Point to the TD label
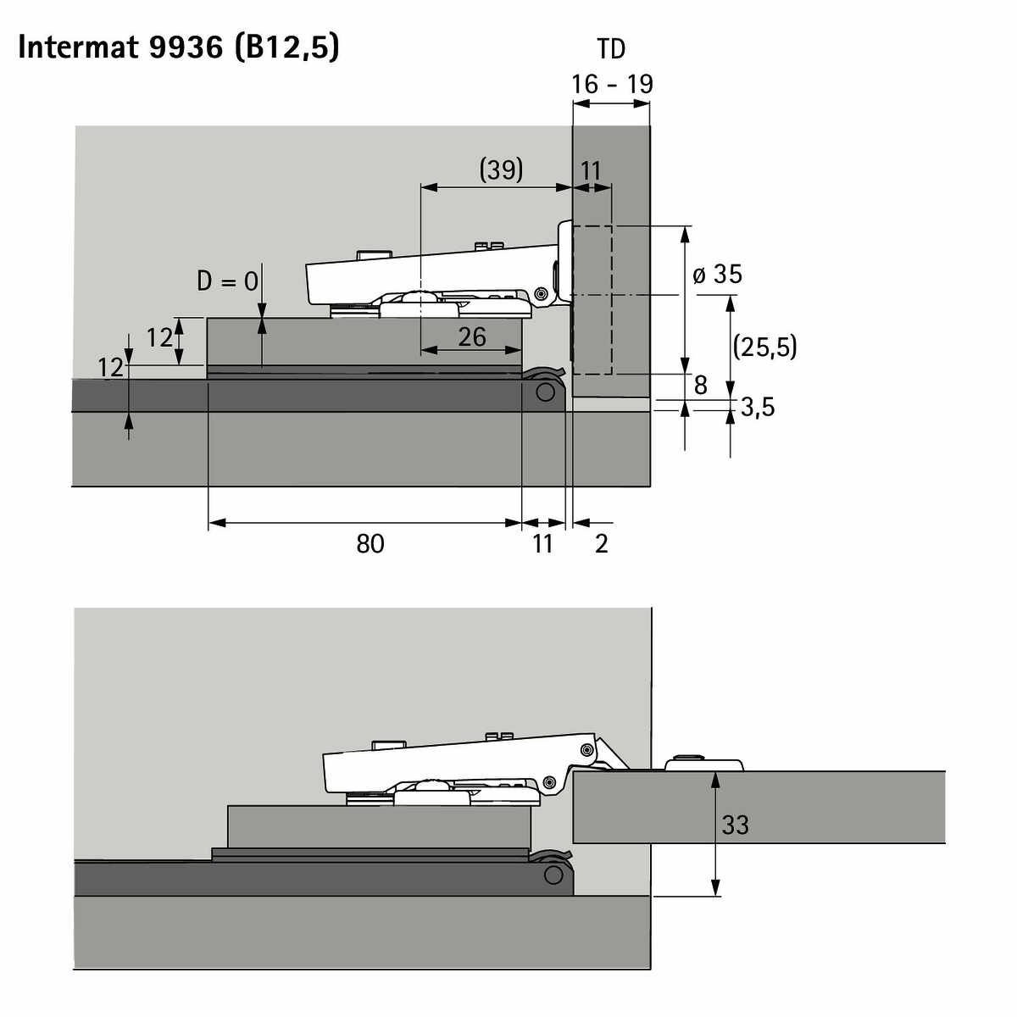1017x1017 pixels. coord(611,50)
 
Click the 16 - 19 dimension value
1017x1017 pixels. coord(612,85)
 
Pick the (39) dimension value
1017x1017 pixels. coord(502,170)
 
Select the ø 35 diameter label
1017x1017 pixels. coord(717,275)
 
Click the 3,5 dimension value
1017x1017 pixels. coord(758,408)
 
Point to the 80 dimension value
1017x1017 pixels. coord(370,543)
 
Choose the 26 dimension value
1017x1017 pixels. coord(472,337)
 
